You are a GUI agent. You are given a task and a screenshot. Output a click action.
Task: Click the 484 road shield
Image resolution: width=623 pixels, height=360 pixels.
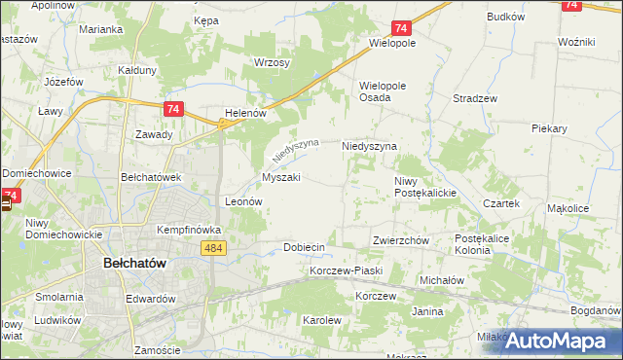[x=215, y=250]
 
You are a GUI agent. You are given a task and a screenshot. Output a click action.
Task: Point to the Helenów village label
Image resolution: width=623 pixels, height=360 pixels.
[x=245, y=113]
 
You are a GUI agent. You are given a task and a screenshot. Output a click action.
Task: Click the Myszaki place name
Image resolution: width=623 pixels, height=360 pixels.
[x=280, y=178]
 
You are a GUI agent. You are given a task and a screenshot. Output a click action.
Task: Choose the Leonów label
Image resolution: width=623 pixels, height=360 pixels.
[x=244, y=201]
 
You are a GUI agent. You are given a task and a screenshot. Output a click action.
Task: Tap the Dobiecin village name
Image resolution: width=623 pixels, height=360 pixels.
[x=304, y=247]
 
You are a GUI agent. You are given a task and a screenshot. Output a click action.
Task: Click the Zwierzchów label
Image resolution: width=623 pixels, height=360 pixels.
[x=401, y=240]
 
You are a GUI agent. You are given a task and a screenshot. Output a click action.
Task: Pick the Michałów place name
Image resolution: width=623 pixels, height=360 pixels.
[x=443, y=279]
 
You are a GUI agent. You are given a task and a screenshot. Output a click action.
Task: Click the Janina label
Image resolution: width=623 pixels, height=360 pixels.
[x=427, y=311]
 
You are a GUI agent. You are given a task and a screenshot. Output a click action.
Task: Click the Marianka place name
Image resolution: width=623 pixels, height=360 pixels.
[x=101, y=29]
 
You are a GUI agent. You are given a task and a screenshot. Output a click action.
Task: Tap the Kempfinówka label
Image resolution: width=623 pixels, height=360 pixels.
[x=190, y=230]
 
